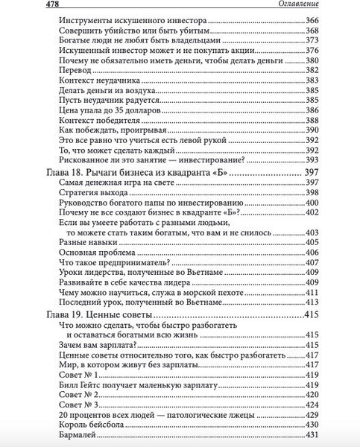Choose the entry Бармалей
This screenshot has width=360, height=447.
77,436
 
